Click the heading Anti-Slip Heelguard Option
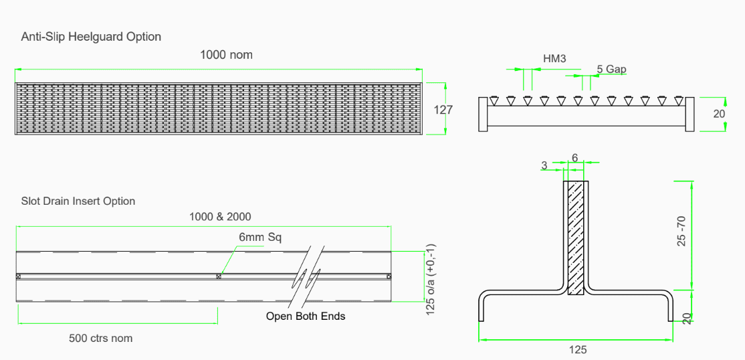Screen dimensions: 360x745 [91, 37]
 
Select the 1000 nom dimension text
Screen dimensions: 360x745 [226, 55]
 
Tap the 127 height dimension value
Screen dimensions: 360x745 [443, 109]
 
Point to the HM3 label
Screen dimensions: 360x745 [554, 59]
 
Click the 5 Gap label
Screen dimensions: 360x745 [611, 69]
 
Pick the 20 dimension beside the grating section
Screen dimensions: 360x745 [719, 114]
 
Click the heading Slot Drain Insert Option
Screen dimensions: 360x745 [78, 201]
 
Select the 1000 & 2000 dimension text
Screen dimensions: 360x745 [220, 217]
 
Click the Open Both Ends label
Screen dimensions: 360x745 [306, 316]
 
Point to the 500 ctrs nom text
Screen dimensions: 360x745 [100, 339]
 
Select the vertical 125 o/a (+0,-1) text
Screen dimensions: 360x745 [431, 278]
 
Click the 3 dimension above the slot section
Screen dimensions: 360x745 [544, 165]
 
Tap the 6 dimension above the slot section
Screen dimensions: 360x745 [574, 158]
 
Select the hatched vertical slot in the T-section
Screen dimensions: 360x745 [575, 238]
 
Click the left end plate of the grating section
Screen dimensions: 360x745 [483, 114]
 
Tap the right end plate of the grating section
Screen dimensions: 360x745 [690, 114]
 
